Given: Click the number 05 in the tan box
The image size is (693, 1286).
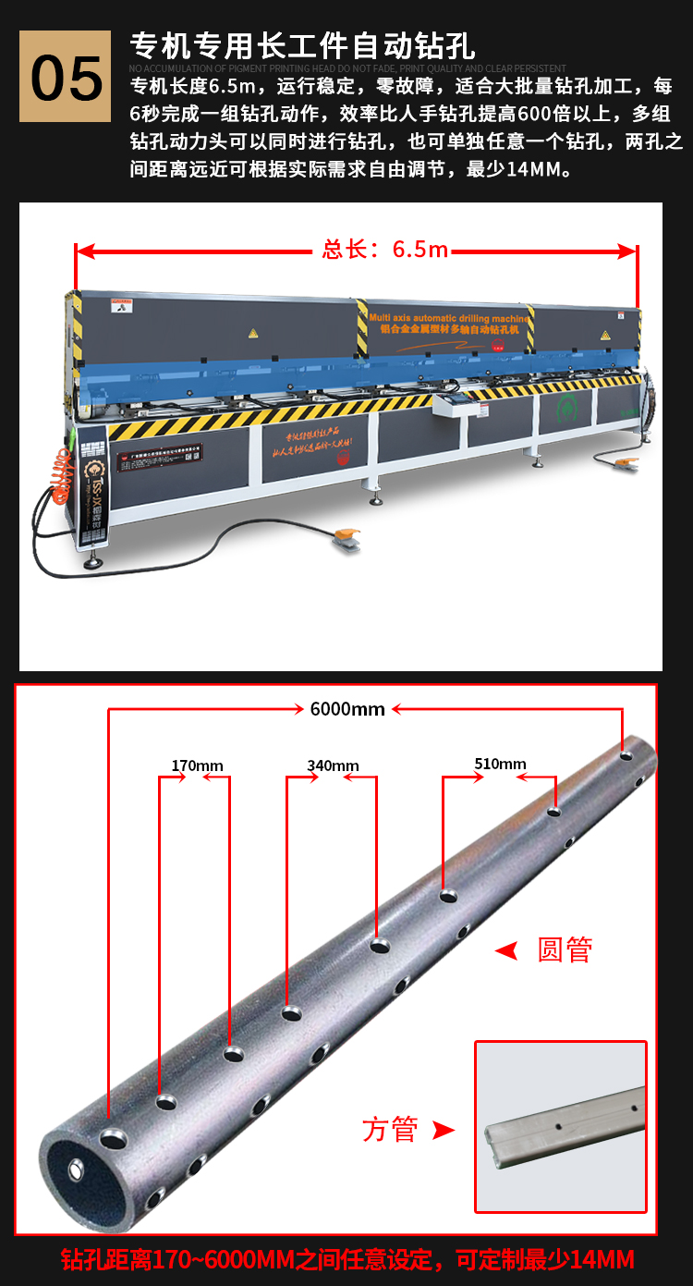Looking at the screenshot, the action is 67,78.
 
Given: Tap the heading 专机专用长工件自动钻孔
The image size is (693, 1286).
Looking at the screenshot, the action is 302,44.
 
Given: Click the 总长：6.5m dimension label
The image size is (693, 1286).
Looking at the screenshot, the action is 384,250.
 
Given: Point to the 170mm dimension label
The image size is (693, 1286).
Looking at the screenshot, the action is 197,765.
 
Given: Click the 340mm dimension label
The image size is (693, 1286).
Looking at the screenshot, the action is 333,765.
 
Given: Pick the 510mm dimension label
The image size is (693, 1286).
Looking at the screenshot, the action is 500,764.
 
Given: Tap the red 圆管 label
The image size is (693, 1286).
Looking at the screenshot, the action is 565,949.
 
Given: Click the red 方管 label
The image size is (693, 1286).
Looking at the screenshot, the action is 390,1129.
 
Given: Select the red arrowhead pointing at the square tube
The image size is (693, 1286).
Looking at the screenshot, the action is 444,1130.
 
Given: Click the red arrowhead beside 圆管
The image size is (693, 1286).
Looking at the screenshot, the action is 505,949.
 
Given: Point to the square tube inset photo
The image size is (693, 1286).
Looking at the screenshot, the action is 560,1126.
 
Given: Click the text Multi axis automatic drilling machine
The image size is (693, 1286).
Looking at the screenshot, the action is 449,317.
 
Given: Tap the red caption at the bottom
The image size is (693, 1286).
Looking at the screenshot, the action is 346,1259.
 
